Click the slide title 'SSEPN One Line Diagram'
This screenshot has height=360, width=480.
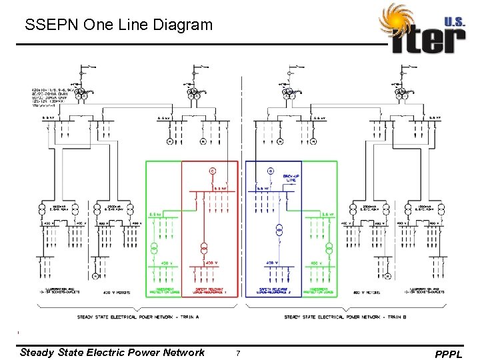click(118, 26)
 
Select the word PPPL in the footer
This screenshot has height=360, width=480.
click(447, 354)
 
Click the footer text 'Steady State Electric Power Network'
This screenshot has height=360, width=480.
click(112, 352)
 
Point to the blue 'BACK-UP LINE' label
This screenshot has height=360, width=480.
click(291, 178)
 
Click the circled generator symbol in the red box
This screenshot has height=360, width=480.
click(213, 171)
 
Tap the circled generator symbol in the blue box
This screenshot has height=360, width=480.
click(271, 171)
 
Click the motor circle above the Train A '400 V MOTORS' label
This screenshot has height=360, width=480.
click(95, 275)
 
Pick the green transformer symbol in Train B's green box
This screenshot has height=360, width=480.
click(329, 248)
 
